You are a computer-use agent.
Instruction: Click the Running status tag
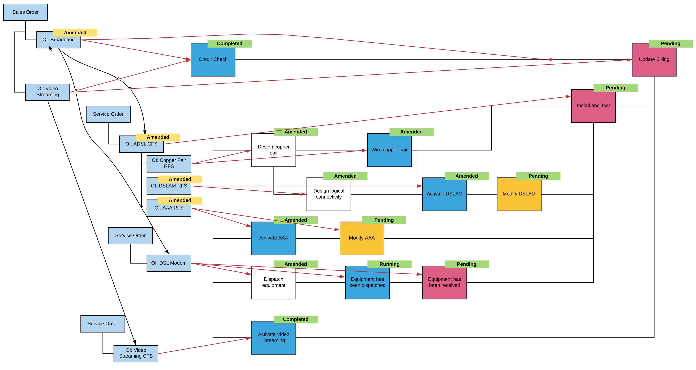[x=389, y=264]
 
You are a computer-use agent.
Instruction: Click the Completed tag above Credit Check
[x=229, y=43]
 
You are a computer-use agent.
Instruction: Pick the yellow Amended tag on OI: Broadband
[x=75, y=32]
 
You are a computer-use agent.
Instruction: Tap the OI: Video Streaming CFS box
[x=136, y=353]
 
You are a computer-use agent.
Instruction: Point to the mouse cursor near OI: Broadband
[x=50, y=48]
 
